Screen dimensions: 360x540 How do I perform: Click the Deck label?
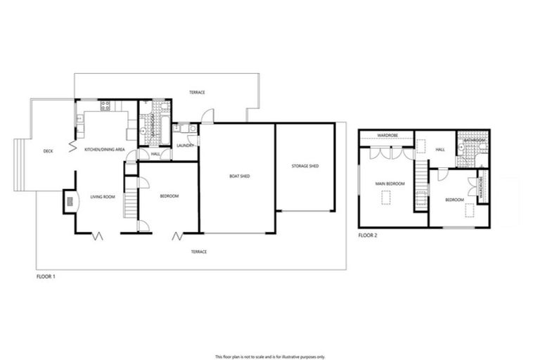(x=48, y=151)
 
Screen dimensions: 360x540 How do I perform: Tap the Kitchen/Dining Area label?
(x=105, y=150)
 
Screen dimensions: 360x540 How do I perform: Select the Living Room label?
(x=103, y=197)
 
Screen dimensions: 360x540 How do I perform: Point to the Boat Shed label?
(x=240, y=176)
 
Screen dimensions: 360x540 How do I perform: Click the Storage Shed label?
(x=305, y=166)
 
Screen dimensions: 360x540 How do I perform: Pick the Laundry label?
(x=185, y=146)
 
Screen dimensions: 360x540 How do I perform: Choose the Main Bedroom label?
(x=390, y=184)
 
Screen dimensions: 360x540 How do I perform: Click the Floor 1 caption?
(x=46, y=277)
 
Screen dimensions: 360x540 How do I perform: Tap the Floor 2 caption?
(x=368, y=235)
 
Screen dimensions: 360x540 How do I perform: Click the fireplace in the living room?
(x=70, y=200)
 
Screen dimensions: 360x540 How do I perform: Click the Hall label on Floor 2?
(x=440, y=149)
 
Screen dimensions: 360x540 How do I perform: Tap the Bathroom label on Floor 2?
(x=475, y=141)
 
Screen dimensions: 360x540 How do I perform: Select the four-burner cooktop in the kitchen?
(x=106, y=106)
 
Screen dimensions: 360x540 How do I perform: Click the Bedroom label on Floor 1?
(x=169, y=196)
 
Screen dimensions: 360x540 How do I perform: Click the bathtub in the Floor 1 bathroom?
(x=163, y=121)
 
